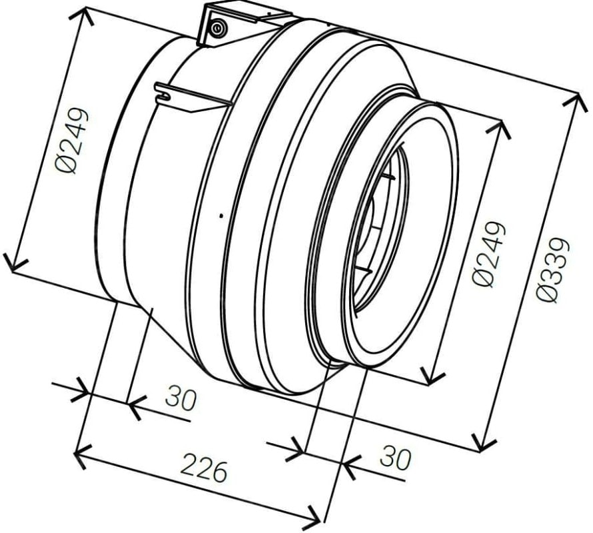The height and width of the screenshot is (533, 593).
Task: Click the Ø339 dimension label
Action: click(x=553, y=270)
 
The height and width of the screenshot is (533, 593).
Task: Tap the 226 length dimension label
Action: click(x=205, y=471)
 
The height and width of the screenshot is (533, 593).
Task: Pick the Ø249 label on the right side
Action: click(x=489, y=255)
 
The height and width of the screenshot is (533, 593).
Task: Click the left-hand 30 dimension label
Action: click(x=181, y=398)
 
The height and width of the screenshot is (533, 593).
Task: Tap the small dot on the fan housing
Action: click(x=221, y=216)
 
